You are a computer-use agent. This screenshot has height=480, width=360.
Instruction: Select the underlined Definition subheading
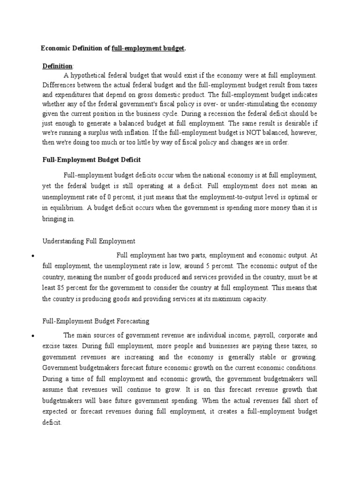[58, 66]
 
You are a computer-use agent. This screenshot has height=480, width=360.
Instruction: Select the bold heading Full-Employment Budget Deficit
[91, 160]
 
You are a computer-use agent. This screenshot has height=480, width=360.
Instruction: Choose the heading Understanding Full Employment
[89, 241]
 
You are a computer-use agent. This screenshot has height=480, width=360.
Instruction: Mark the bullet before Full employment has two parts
[31, 256]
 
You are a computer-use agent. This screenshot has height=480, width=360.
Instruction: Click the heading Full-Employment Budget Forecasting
[96, 321]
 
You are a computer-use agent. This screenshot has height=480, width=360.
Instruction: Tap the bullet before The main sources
[31, 336]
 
